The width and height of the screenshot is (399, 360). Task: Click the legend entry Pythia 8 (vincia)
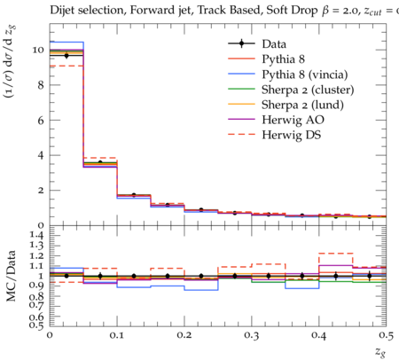(x=305, y=74)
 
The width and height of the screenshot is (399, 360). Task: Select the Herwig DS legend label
(x=292, y=135)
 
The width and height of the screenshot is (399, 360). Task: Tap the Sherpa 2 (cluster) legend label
(x=308, y=90)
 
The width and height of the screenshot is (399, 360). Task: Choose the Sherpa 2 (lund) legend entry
(x=302, y=105)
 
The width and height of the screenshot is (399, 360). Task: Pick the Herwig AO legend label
(x=293, y=120)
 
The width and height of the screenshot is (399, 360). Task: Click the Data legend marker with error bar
(x=241, y=43)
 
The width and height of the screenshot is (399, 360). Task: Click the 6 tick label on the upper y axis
(x=41, y=121)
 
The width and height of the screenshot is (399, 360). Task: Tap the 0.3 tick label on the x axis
(x=252, y=335)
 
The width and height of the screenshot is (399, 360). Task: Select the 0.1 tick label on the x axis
(x=117, y=335)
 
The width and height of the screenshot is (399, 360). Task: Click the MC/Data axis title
(x=12, y=276)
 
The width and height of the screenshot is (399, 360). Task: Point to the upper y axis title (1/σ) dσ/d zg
(x=10, y=62)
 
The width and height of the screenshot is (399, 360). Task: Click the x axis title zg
(x=380, y=352)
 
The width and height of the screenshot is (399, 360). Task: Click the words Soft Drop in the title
(x=292, y=11)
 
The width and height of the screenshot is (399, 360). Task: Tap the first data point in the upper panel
(x=66, y=55)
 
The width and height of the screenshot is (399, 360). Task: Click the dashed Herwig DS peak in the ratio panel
(x=336, y=254)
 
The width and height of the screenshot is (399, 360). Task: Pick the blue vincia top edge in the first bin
(x=66, y=42)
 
